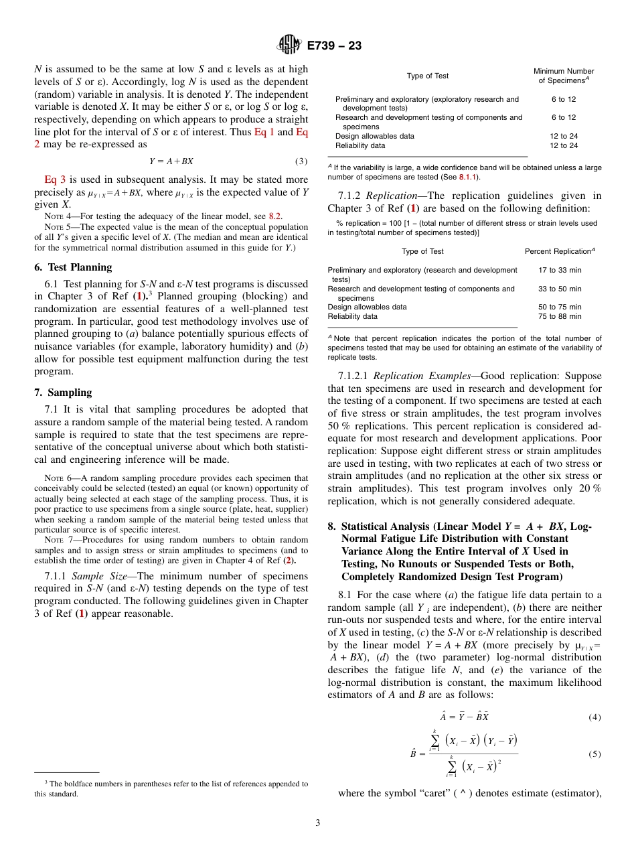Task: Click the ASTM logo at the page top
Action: coord(290,46)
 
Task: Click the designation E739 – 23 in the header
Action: coord(334,46)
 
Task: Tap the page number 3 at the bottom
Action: coord(318,823)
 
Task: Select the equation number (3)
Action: coord(301,161)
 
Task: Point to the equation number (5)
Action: coord(594,754)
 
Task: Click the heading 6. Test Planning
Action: coord(73,267)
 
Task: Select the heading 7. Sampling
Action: coord(63,393)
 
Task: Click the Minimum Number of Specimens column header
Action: coord(563,76)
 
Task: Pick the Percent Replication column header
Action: coord(560,251)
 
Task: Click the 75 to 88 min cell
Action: coord(560,316)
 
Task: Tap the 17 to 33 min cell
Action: coord(560,270)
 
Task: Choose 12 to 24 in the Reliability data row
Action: coord(563,145)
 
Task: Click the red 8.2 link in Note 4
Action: coord(275,216)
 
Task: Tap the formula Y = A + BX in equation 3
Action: coord(171,161)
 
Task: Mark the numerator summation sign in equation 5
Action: coord(434,739)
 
